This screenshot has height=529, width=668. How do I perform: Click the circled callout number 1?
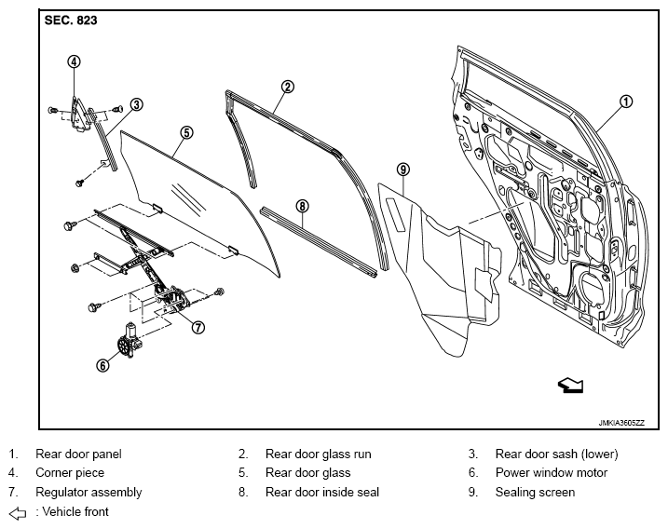(x=625, y=102)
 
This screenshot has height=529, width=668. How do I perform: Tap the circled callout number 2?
(x=288, y=87)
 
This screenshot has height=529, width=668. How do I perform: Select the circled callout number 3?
(x=136, y=104)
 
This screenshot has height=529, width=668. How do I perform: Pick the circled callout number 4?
(x=74, y=61)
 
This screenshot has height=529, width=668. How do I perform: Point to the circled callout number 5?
(x=186, y=133)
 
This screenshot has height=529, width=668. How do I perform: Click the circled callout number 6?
(x=102, y=365)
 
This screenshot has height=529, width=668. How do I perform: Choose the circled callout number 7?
(x=198, y=327)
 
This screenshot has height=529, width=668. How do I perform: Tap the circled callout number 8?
(x=302, y=207)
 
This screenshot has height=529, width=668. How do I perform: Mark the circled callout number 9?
(x=403, y=170)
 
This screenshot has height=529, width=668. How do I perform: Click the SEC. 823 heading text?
(x=71, y=20)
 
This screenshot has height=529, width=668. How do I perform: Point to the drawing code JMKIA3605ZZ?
(x=621, y=423)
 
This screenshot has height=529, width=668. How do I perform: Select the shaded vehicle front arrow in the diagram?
(x=570, y=385)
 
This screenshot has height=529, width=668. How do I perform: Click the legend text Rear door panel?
(x=78, y=454)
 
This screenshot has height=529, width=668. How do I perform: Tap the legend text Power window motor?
(x=552, y=473)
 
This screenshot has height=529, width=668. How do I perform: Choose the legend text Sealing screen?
(x=535, y=493)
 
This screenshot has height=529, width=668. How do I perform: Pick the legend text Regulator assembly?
(x=89, y=493)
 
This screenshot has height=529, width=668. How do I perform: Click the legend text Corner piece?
(x=70, y=473)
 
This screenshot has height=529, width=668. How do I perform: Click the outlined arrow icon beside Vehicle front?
(x=18, y=514)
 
